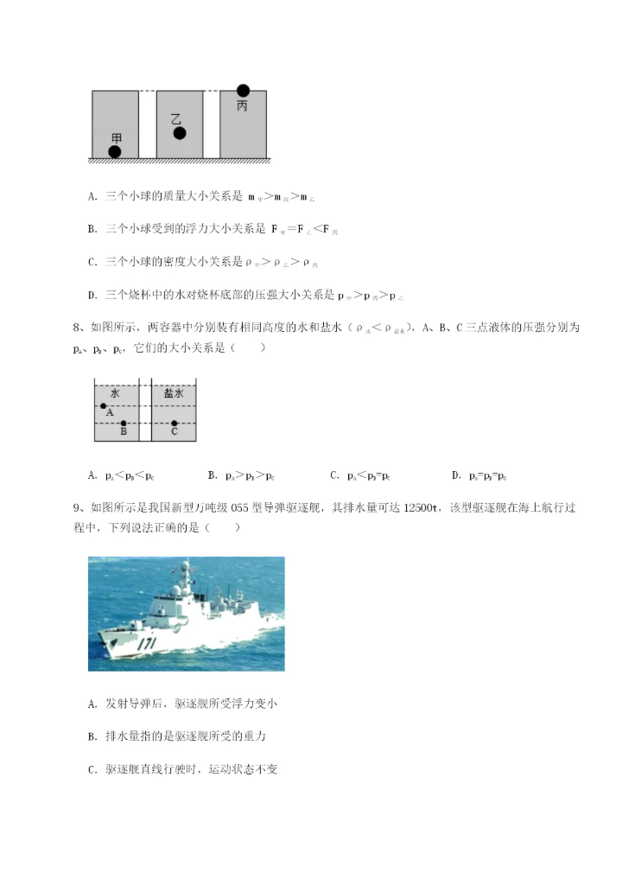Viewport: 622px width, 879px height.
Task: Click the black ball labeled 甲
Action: point(114,152)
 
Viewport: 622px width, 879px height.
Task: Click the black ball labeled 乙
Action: point(180,133)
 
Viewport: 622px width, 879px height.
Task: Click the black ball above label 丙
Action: point(243,90)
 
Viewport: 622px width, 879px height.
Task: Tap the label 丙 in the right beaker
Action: point(242,105)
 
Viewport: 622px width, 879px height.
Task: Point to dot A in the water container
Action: point(103,405)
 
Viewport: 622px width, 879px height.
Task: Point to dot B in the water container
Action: point(124,424)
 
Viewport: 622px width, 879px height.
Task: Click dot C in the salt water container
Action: point(175,424)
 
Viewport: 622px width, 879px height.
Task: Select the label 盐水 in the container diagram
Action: point(174,393)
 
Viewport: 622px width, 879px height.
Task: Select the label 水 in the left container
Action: point(115,393)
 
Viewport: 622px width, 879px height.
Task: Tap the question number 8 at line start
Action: point(77,328)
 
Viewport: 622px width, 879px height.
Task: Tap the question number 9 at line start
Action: point(77,507)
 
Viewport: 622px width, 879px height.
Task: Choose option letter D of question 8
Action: point(455,475)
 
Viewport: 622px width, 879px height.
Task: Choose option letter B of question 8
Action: point(212,475)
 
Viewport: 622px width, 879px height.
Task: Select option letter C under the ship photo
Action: point(92,768)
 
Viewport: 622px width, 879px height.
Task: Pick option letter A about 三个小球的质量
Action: point(92,196)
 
